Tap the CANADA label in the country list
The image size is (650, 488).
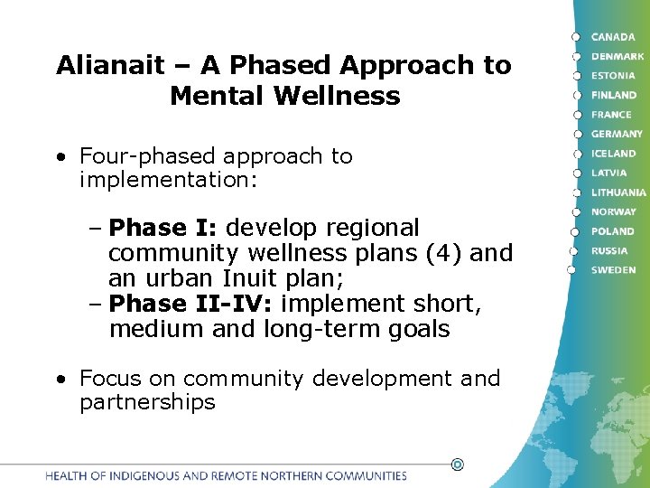tap(612, 37)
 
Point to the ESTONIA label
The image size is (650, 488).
tap(614, 76)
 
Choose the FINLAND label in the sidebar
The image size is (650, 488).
tap(614, 95)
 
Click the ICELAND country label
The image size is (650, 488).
tap(614, 154)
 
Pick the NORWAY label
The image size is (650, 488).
tap(614, 211)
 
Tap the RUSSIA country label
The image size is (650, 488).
tap(609, 250)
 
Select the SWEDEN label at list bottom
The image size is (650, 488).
tap(613, 270)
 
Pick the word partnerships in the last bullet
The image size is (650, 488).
tap(147, 402)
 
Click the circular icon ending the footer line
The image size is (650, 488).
tap(457, 465)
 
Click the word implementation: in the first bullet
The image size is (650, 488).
tap(169, 180)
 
